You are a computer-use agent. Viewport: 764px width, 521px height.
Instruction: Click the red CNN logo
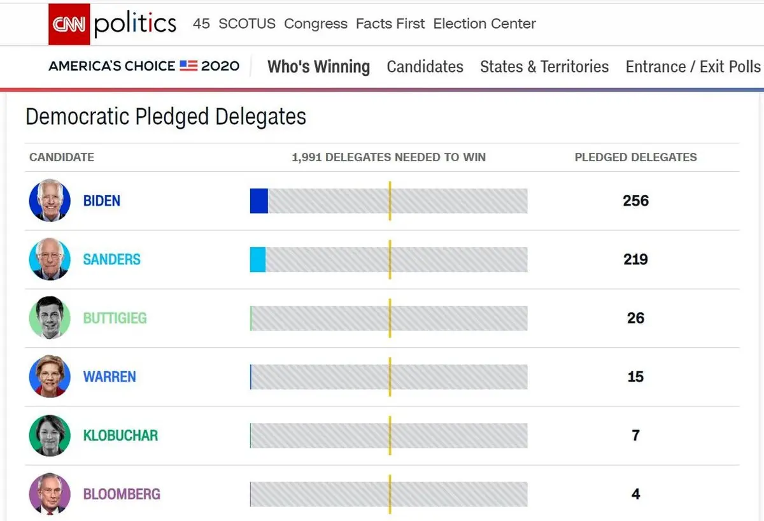pos(69,24)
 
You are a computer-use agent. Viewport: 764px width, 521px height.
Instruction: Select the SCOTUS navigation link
pos(247,24)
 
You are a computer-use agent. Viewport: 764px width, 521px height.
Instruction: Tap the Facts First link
pos(390,24)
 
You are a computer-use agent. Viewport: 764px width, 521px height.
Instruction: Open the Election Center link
pos(485,24)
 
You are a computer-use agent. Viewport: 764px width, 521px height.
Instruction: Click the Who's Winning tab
pos(318,67)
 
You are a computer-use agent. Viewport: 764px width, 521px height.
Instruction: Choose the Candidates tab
pos(425,67)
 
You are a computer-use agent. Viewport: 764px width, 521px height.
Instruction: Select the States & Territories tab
pos(544,67)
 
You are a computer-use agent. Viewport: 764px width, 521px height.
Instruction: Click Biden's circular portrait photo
pos(50,201)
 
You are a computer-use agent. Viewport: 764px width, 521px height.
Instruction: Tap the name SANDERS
pos(111,259)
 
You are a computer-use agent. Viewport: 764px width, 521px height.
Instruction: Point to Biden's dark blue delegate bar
pos(259,201)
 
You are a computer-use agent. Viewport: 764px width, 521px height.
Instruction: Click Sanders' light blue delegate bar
pos(258,259)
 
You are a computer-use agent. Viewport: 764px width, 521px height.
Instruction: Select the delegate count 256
pos(635,201)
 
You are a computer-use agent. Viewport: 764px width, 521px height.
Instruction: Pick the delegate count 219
pos(635,259)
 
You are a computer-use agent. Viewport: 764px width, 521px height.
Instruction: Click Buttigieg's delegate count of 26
pos(635,318)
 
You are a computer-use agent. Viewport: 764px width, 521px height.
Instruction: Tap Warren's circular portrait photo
pos(50,376)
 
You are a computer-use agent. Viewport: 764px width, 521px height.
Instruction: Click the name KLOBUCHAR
pos(120,436)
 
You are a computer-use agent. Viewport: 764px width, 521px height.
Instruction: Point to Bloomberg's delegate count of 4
pos(635,494)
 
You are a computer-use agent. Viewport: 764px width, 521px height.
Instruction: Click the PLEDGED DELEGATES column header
pos(635,157)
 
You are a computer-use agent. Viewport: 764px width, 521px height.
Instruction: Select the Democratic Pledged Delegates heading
pos(166,117)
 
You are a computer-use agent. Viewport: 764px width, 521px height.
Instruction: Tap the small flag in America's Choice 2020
pos(188,66)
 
